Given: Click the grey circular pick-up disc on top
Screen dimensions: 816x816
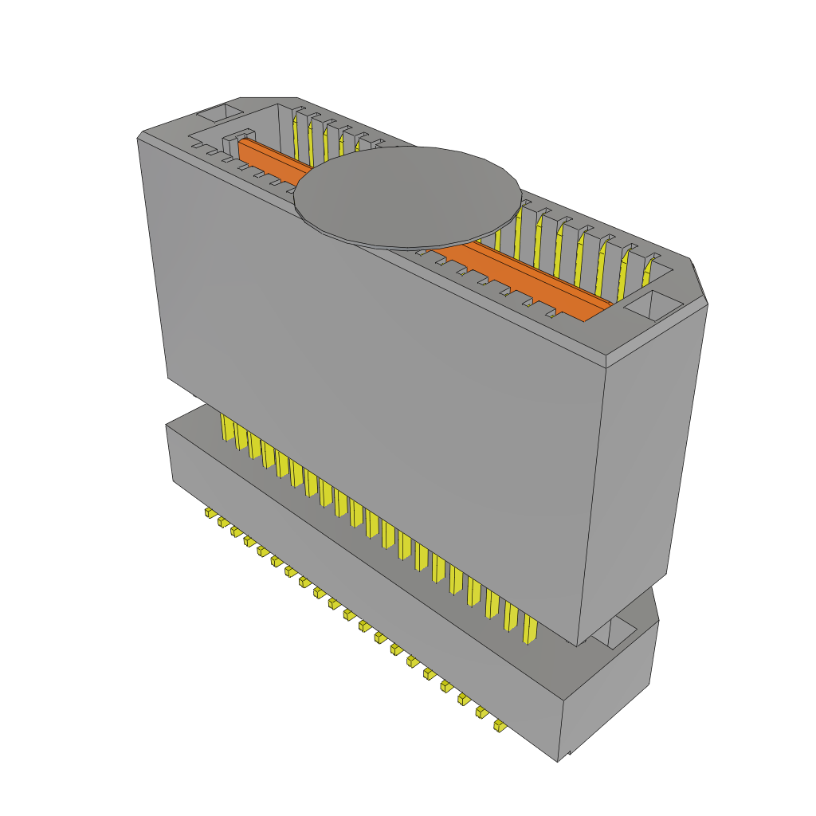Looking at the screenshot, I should (x=408, y=196).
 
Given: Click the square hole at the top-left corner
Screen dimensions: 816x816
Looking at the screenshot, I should (x=218, y=112).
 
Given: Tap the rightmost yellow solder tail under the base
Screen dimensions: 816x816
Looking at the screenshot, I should (x=499, y=725).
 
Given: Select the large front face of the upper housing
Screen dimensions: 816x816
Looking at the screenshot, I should (x=375, y=382).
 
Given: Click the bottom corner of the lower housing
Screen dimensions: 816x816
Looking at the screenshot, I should (x=558, y=760).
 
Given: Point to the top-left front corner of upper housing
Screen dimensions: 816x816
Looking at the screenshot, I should (x=139, y=137).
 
